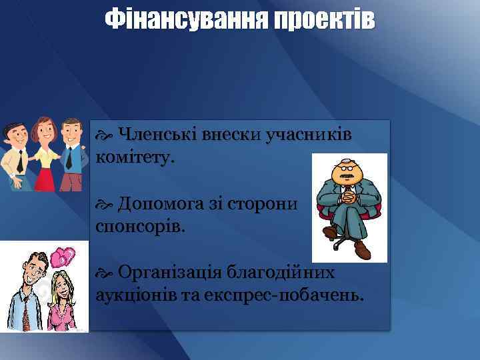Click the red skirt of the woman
45,177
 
